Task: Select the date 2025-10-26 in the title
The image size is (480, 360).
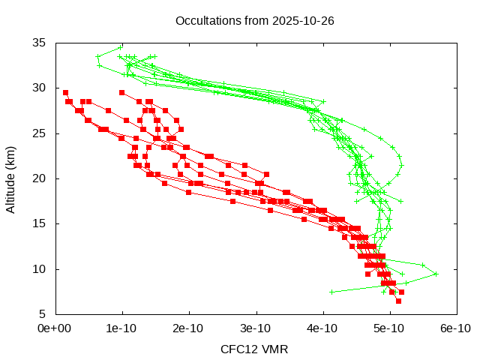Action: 303,20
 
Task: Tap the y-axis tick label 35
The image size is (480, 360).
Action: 40,43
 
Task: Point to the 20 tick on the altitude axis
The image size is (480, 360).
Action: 40,178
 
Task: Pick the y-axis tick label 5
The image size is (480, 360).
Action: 43,314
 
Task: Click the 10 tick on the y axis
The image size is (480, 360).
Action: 40,269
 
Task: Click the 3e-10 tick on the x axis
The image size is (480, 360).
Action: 256,328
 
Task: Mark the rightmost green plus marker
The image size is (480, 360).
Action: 436,274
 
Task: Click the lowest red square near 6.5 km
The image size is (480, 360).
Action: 398,301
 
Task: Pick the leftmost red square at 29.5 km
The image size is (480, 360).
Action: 65,92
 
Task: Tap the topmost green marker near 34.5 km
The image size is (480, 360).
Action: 120,47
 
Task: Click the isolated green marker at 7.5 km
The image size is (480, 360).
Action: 331,292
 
